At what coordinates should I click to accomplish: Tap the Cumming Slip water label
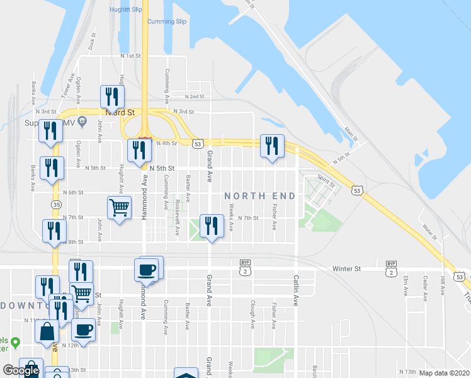pos(167,21)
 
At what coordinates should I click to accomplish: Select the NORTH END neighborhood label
pos(260,197)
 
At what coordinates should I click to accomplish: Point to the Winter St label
pos(347,268)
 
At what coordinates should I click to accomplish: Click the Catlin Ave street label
pos(295,290)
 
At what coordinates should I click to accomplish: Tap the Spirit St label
pos(326,180)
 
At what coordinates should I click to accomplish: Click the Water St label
pos(430,232)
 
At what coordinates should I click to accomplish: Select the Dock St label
pos(92,44)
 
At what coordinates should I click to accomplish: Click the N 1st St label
pos(130,56)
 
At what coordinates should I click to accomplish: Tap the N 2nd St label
pos(195,96)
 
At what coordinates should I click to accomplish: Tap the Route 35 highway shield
pos(57,205)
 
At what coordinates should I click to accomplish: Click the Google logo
pos(21,370)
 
